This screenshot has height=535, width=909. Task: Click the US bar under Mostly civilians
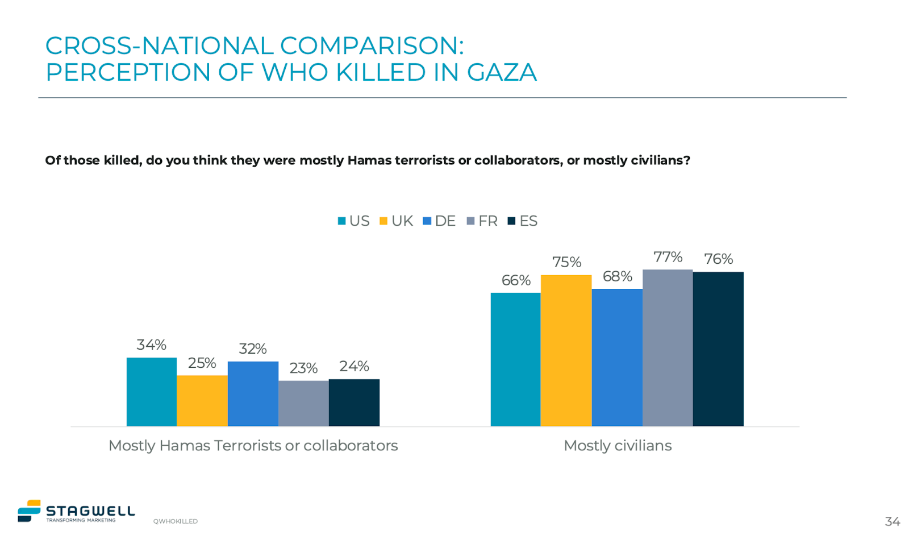pos(515,359)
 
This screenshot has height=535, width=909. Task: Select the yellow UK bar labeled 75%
pos(566,350)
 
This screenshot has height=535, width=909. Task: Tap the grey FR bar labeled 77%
pos(668,347)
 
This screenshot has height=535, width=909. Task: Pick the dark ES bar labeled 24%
pos(354,403)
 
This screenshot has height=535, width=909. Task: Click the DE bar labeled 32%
pos(253,393)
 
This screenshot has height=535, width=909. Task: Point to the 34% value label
pos(151,345)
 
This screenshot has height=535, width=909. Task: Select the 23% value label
pos(303,368)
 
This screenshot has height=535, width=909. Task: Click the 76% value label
pos(718,259)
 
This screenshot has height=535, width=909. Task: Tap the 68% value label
pos(617,276)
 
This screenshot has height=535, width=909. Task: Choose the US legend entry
pos(354,221)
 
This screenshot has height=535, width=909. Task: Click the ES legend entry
pos(523,221)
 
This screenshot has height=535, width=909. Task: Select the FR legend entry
pos(482,221)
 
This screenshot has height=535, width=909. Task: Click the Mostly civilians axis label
pos(618,446)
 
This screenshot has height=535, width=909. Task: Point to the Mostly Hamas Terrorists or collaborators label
pos(253,446)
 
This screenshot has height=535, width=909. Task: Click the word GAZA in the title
pos(502,73)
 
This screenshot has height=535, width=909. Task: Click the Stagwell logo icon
pos(29,511)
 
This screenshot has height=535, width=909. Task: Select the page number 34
pos(892,521)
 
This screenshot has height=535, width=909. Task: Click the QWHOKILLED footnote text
pos(175,521)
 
